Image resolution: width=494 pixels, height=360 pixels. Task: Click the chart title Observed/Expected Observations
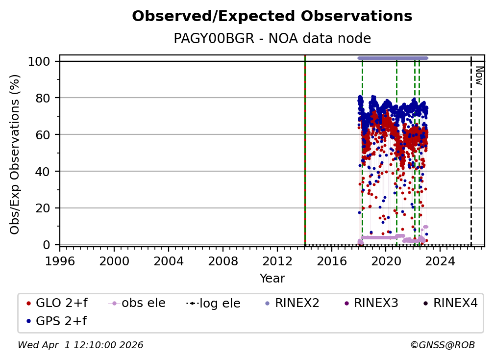(x=272, y=16)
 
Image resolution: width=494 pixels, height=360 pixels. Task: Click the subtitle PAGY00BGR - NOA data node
(x=272, y=39)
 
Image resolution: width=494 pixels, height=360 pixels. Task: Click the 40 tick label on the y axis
(x=45, y=171)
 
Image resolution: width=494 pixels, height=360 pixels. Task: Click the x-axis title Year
(x=272, y=279)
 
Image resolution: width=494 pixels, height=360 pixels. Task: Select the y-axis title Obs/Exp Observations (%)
(x=15, y=154)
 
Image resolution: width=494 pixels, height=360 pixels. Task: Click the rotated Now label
(x=479, y=76)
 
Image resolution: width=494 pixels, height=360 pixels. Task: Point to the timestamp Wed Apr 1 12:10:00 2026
(x=80, y=345)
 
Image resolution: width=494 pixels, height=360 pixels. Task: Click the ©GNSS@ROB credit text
(x=443, y=345)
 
